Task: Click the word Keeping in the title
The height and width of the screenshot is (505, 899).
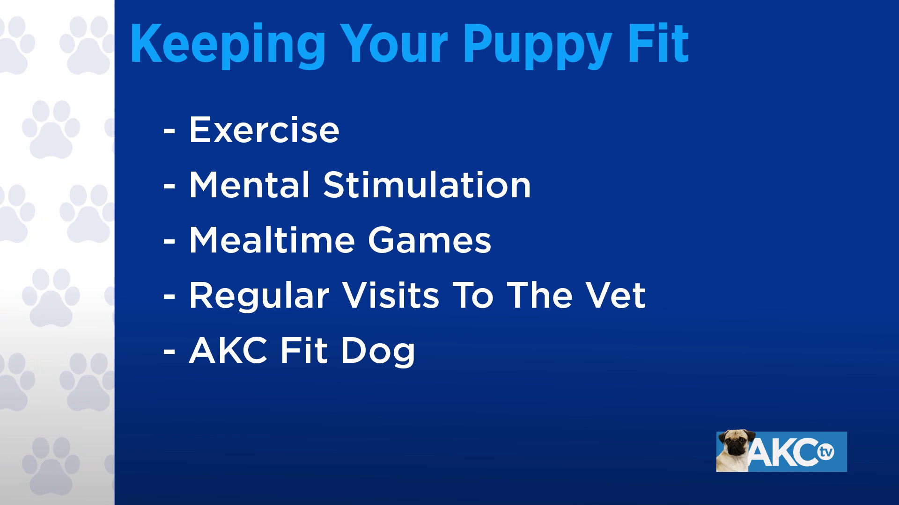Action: [227, 44]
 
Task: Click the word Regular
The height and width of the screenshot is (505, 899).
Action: [259, 296]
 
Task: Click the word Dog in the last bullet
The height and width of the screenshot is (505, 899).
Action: [378, 351]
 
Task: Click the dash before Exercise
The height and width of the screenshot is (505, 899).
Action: [169, 131]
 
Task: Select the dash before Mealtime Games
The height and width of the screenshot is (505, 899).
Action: [169, 242]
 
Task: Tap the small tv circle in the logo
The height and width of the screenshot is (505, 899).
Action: [826, 453]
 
